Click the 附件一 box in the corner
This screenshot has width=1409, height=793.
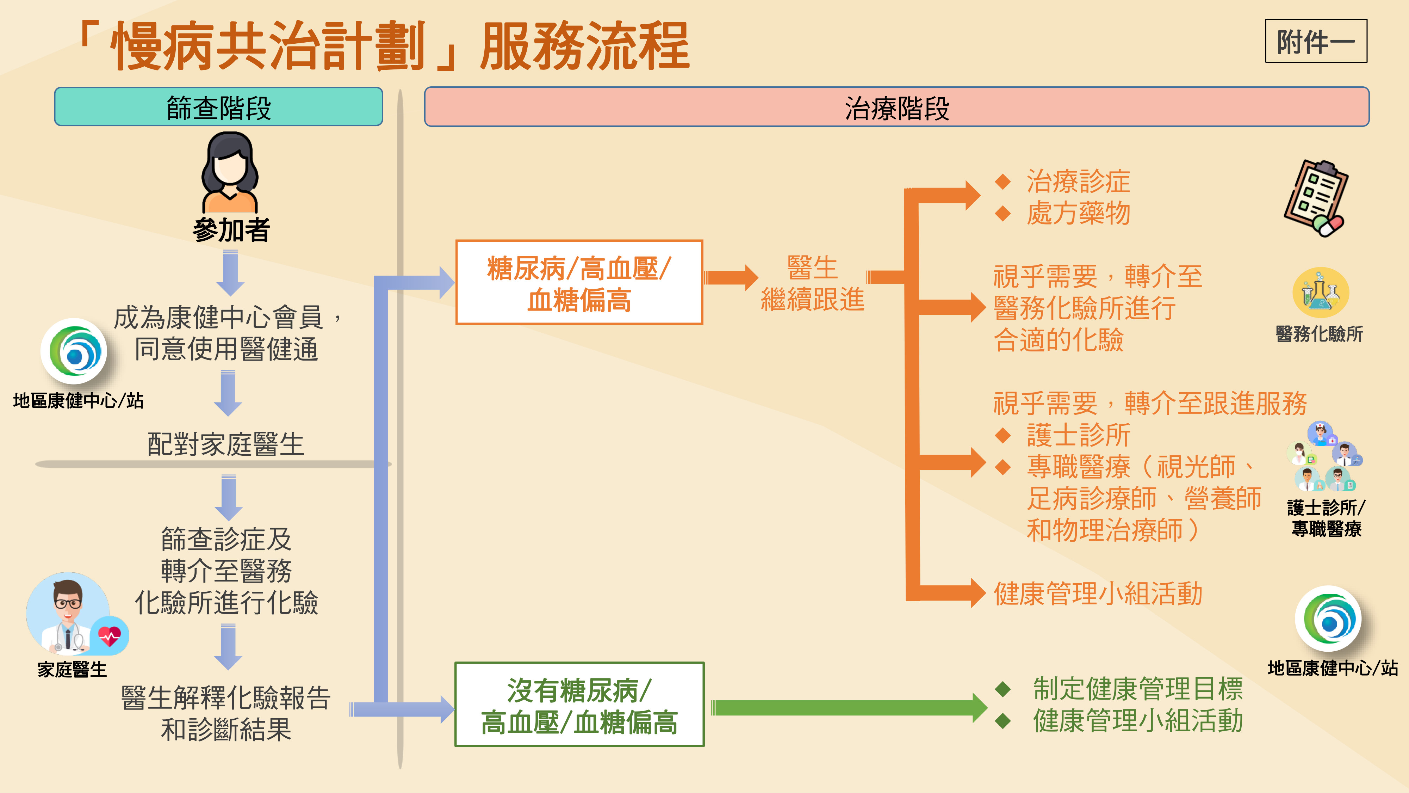point(1315,41)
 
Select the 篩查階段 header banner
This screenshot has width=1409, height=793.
point(218,107)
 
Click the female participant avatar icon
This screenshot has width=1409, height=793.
point(230,172)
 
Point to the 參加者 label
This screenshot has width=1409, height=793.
point(231,230)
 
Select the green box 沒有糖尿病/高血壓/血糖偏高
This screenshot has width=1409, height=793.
point(579,705)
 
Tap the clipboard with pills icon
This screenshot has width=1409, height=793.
point(1315,198)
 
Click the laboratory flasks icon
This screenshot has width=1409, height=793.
point(1320,293)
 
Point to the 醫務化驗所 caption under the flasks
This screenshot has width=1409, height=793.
point(1319,334)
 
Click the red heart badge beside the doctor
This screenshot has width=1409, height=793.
point(110,636)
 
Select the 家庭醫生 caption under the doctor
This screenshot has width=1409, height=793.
point(72,669)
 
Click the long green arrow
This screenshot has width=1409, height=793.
point(848,708)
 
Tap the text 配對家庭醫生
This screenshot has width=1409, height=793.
point(225,444)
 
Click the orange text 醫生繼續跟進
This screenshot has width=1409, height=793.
point(812,283)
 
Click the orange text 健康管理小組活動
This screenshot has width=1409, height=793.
point(1098,594)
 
